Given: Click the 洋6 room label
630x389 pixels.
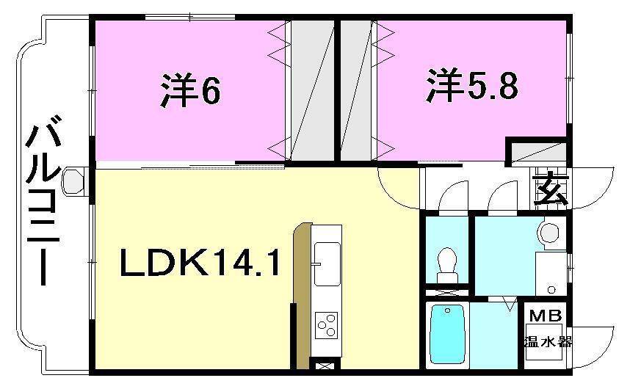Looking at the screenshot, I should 190,90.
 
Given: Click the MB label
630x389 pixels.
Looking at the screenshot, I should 546,316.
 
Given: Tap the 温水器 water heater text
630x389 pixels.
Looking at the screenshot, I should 547,341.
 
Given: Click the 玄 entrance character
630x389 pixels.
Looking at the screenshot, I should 551,192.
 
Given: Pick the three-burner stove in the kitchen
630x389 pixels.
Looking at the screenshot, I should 326,323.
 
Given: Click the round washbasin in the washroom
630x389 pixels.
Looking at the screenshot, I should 548,233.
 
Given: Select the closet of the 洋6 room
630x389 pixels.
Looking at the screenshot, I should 311,90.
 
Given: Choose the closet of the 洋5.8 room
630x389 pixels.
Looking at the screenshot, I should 356,90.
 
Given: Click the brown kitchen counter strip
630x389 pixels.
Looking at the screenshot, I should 300,294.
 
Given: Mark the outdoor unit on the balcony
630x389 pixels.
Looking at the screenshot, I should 75,181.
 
